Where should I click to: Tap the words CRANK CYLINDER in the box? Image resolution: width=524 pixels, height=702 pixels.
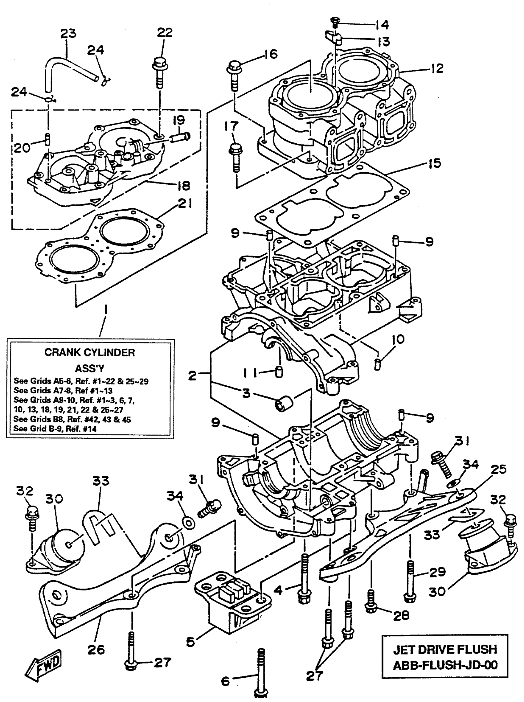[x=89, y=352]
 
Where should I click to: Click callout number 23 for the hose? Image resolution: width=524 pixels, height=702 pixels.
[x=68, y=33]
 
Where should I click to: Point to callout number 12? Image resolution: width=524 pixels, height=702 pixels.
[x=437, y=68]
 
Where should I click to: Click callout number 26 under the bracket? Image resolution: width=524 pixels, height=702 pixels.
[x=96, y=650]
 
